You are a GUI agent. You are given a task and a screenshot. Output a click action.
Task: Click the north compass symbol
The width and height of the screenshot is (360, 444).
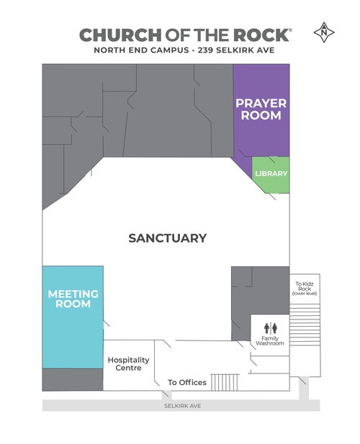(x=324, y=32)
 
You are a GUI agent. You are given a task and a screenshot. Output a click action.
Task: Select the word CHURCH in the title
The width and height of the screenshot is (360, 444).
(x=120, y=35)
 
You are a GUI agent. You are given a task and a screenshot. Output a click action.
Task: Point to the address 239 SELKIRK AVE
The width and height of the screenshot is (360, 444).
(x=236, y=50)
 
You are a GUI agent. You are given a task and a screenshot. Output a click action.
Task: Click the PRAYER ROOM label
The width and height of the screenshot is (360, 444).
(x=261, y=109)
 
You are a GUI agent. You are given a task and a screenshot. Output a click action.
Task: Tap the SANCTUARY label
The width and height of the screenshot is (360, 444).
(x=167, y=238)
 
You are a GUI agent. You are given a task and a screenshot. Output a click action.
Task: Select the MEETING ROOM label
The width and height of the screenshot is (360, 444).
(x=73, y=299)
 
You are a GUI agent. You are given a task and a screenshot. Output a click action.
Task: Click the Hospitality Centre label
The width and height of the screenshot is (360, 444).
(x=128, y=364)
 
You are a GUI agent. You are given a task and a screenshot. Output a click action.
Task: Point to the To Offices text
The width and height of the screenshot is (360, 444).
(x=187, y=382)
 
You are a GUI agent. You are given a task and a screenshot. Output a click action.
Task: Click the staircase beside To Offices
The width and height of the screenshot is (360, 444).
(x=225, y=382)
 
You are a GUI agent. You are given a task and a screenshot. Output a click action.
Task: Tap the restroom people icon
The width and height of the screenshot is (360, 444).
(x=271, y=328)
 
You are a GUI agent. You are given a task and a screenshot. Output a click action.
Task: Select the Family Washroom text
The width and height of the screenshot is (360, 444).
(x=270, y=340)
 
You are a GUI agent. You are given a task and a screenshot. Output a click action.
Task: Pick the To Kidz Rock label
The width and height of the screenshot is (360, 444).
(x=305, y=289)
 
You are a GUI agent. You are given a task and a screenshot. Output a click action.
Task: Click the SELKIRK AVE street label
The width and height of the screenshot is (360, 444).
(x=183, y=406)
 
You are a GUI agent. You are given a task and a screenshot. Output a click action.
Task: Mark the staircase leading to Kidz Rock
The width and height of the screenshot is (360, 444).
(x=305, y=325)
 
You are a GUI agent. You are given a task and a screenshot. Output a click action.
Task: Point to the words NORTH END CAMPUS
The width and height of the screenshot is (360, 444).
(x=141, y=50)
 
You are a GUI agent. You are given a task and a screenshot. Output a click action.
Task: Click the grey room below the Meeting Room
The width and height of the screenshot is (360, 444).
(x=73, y=379)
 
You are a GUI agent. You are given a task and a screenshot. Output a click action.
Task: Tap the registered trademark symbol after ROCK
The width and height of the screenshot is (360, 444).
(x=290, y=30)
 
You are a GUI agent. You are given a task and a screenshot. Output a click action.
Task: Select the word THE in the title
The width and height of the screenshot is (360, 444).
(x=211, y=35)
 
